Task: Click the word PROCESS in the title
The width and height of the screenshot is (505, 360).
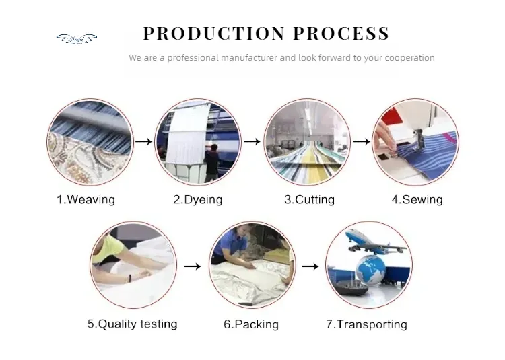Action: pos(341,33)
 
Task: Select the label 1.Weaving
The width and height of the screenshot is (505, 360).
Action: pos(85,199)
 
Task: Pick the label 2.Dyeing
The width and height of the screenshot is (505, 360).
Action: pos(197,199)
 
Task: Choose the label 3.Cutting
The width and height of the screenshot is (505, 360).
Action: pos(309,199)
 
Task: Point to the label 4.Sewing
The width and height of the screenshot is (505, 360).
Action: pos(417,199)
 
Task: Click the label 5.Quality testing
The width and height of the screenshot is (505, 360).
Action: pos(133,324)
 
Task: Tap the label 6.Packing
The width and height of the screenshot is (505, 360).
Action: pos(250,324)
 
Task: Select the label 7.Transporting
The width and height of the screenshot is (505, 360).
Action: pos(366,324)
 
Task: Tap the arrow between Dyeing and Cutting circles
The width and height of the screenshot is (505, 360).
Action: pos(251,142)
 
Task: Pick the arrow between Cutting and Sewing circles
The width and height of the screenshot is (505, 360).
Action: pos(361,142)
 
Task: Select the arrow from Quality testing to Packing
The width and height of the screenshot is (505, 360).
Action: pos(193,266)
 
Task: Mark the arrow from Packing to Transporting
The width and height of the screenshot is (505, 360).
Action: pos(310,266)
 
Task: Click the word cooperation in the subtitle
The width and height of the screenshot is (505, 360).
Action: pos(408,58)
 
